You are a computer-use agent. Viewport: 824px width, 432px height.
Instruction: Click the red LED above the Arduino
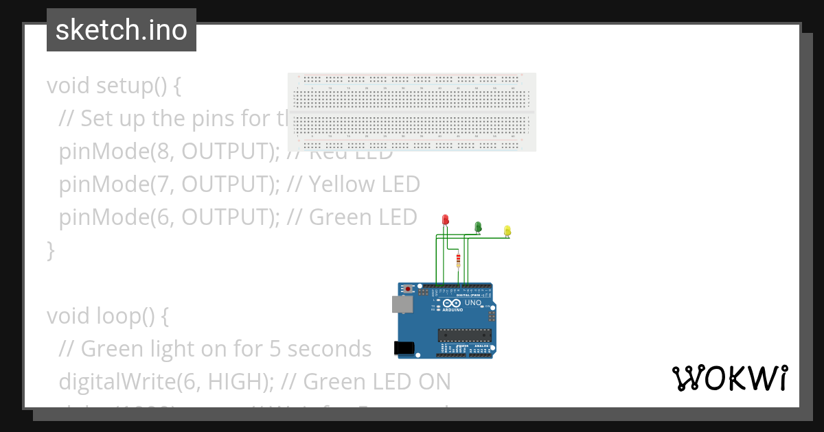pos(446,219)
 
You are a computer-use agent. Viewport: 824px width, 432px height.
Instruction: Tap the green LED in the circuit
pos(478,226)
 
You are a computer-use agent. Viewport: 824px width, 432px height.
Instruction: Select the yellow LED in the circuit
pos(507,230)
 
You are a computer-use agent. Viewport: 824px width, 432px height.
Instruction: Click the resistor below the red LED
pos(459,260)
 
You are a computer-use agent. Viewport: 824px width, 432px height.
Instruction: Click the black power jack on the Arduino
pos(404,348)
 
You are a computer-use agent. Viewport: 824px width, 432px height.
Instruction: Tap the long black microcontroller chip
pos(465,335)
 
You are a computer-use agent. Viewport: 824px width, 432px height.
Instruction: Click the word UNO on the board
pos(473,302)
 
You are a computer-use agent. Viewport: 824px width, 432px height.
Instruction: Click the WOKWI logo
pos(729,378)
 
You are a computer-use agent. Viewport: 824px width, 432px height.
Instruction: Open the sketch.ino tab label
pos(122,30)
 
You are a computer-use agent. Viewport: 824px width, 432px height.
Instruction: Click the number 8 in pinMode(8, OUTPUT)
pos(165,152)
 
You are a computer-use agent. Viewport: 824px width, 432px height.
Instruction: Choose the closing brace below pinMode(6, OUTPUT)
pos(50,250)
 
